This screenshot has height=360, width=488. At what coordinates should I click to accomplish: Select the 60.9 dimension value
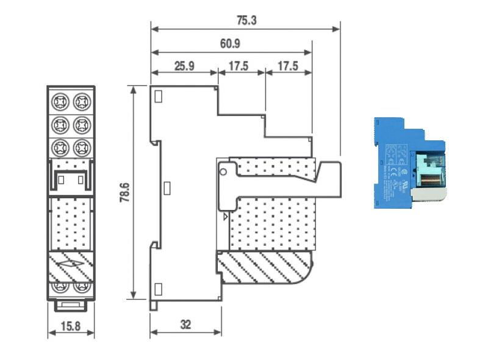click(x=231, y=43)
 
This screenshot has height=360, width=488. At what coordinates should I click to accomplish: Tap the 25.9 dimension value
click(x=184, y=66)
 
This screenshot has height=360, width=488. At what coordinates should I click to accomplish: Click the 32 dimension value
click(x=185, y=325)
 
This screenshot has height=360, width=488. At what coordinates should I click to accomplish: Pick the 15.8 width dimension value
click(x=71, y=325)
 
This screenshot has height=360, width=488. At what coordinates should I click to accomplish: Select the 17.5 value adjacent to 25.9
click(x=240, y=66)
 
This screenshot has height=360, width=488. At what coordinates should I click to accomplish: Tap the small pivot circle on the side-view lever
click(x=224, y=170)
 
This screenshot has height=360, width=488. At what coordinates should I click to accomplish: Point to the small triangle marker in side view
click(x=226, y=216)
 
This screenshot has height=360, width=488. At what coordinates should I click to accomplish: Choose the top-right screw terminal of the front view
click(x=81, y=100)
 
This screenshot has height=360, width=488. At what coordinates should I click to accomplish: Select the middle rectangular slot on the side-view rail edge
click(x=167, y=187)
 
